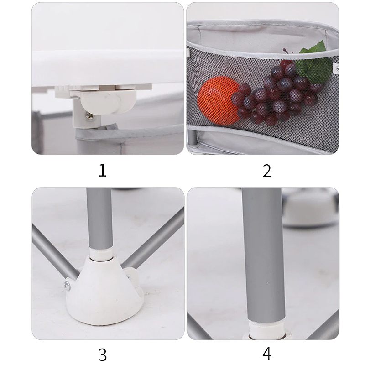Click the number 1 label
pyautogui.click(x=102, y=170)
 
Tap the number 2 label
pyautogui.click(x=267, y=171)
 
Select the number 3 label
pyautogui.click(x=102, y=355)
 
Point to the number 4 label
pyautogui.click(x=267, y=354)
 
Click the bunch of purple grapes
pyautogui.click(x=277, y=93)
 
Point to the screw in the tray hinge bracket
pyautogui.click(x=88, y=116)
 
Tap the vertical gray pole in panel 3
pyautogui.click(x=99, y=219)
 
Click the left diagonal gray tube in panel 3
pyautogui.click(x=55, y=253)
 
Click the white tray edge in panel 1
pyautogui.click(x=108, y=68)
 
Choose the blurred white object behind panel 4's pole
pyautogui.click(x=311, y=207)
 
